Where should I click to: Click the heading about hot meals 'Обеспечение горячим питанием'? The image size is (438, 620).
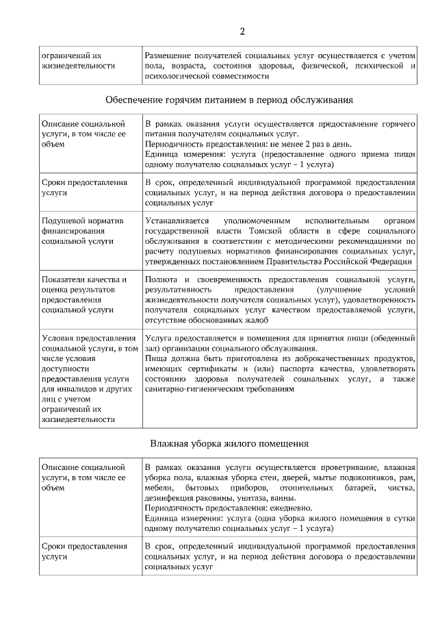229,100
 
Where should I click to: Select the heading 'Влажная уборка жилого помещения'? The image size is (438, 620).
229,443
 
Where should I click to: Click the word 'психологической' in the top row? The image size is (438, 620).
177,76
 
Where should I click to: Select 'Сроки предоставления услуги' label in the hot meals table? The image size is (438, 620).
84,188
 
